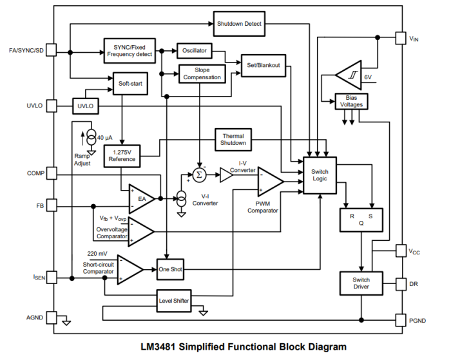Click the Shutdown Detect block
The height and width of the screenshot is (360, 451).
coord(238,24)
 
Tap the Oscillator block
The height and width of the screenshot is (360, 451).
coord(195,50)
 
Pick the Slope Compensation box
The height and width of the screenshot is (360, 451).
coord(202,73)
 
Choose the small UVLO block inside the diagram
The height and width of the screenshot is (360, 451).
coord(85,106)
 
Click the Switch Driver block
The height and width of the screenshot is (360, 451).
coord(361,283)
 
